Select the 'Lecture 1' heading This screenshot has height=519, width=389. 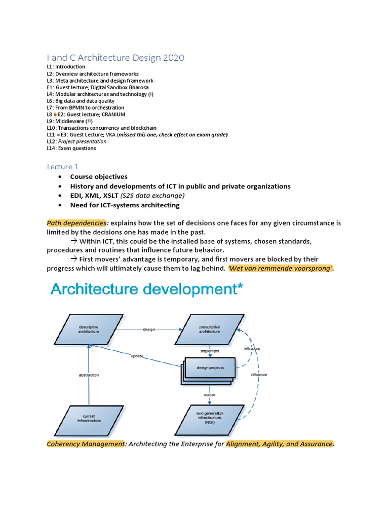point(63,166)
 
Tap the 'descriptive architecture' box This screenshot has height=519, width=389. point(89,329)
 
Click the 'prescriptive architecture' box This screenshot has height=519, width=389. point(209,329)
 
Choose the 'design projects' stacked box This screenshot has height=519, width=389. point(209,367)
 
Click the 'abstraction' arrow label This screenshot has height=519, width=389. point(89,375)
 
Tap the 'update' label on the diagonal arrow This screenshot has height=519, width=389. point(137,356)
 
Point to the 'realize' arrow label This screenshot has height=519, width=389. point(210,394)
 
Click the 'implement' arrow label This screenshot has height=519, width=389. point(210,350)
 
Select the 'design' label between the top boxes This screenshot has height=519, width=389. point(148,329)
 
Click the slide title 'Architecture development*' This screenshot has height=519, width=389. point(146,290)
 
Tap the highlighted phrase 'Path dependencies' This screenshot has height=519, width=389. point(77,223)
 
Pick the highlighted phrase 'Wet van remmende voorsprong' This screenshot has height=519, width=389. point(281,268)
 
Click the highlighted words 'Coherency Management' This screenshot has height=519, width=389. point(86,444)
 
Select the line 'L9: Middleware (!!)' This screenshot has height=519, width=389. point(70,121)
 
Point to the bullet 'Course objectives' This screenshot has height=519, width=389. point(99,177)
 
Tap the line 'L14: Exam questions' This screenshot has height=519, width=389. point(71,149)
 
